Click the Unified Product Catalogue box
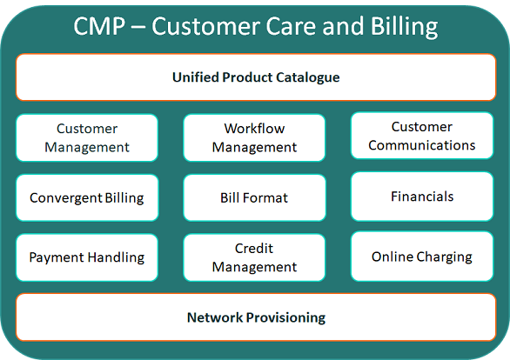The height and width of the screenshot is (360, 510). click(x=256, y=77)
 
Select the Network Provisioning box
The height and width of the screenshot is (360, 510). click(x=256, y=317)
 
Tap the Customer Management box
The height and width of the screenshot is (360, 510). click(x=87, y=137)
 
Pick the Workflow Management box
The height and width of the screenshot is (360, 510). click(x=254, y=137)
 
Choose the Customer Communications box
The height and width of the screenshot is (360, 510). click(x=422, y=136)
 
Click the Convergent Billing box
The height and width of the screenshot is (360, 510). click(x=87, y=197)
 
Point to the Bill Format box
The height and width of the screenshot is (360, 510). click(x=254, y=197)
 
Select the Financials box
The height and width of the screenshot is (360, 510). click(x=422, y=197)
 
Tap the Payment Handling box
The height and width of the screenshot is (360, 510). click(x=87, y=257)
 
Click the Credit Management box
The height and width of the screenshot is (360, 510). click(x=254, y=257)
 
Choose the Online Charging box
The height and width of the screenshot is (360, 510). click(x=422, y=257)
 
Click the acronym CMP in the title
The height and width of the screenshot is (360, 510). click(x=99, y=26)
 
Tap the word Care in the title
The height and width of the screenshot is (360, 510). click(x=291, y=26)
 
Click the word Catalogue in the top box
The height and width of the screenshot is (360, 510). click(x=308, y=77)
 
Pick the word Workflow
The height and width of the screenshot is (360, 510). click(x=254, y=129)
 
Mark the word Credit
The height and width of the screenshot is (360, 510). click(x=254, y=248)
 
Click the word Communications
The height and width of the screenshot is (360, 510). click(x=422, y=145)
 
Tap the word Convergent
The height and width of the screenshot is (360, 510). click(x=66, y=198)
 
